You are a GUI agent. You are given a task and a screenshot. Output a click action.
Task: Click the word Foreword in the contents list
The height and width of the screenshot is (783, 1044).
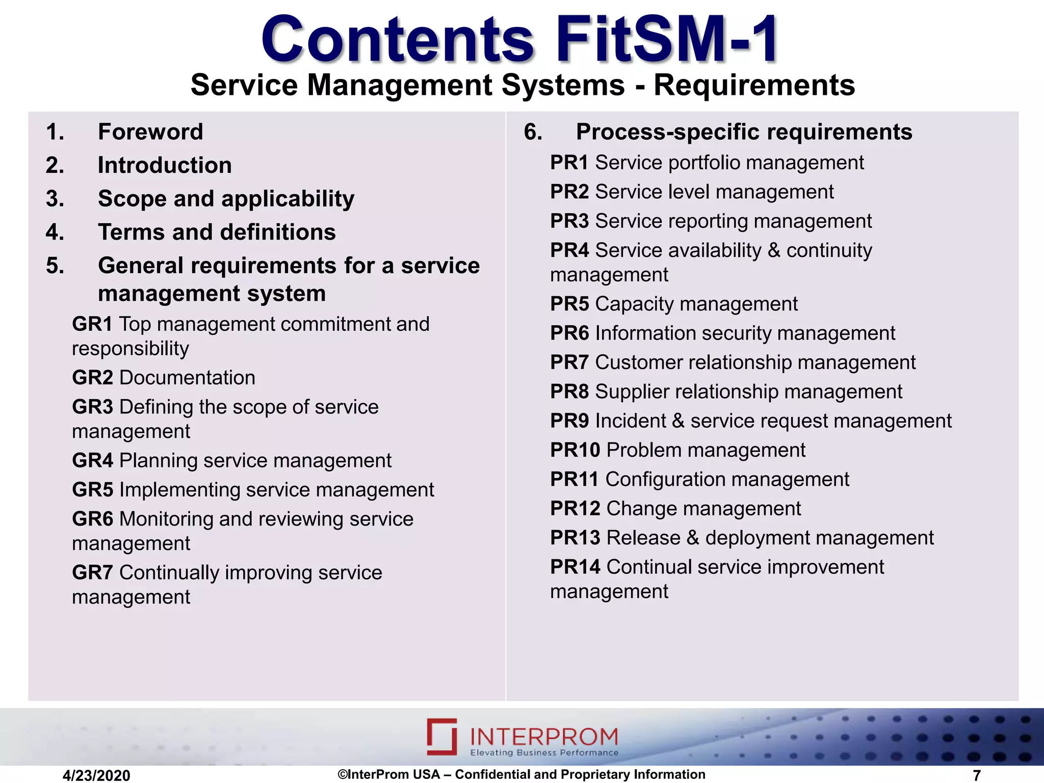(150, 132)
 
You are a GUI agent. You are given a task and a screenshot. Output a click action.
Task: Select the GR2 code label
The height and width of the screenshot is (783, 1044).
(92, 378)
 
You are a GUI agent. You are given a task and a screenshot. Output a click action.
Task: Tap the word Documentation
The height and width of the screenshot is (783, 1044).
(187, 378)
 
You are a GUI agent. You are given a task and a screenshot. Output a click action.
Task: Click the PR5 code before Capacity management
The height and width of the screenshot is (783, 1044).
(569, 304)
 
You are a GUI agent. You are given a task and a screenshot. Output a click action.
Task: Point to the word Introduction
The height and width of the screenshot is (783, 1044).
(165, 166)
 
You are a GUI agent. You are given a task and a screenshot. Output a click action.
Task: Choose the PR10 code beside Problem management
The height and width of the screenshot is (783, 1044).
(575, 450)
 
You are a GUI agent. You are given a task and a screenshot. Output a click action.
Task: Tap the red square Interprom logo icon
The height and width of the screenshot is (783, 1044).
(442, 736)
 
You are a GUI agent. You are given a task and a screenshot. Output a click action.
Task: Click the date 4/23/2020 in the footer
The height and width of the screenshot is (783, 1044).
(96, 775)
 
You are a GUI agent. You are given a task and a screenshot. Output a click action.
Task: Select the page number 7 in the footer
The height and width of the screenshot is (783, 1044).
(977, 775)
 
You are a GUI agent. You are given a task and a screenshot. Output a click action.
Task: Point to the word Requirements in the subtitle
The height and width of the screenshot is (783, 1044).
(754, 85)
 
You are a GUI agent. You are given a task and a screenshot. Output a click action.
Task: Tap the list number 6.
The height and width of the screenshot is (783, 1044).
(533, 132)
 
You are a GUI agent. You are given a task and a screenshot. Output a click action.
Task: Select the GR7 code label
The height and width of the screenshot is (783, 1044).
(92, 572)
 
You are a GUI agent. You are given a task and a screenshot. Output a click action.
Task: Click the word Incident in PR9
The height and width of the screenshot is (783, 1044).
(630, 421)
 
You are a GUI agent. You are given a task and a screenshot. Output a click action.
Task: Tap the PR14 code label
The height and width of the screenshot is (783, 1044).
(575, 567)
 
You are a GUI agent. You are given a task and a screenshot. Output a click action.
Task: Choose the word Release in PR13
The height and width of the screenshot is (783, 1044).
(643, 538)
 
